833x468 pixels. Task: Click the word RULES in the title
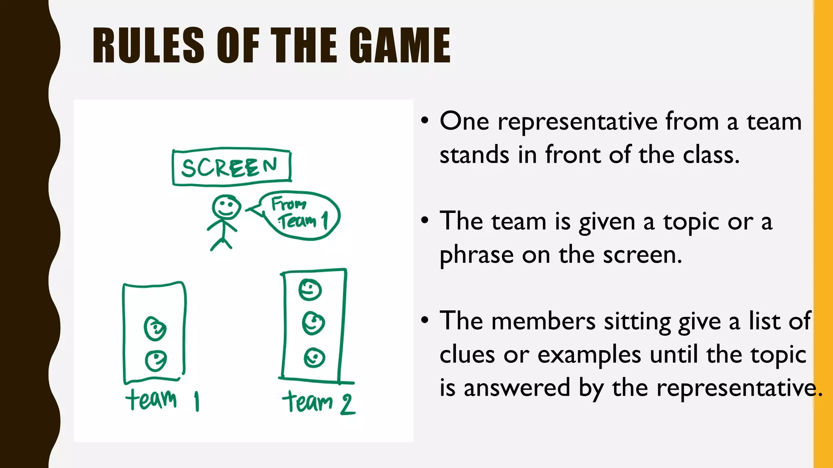coord(148,45)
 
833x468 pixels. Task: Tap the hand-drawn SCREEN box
coord(231,167)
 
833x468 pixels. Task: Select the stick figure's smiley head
coord(226,207)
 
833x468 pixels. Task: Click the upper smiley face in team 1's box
coord(155,328)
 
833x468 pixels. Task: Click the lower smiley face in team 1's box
coord(156,360)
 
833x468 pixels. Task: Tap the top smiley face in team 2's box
coord(310,290)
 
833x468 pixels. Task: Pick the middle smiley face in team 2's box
coord(313,323)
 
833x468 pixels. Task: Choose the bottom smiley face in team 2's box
coord(314,358)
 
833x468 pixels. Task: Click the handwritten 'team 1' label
coord(162,400)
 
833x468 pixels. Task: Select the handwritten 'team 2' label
coord(318,402)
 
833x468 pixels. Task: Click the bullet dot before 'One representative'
coord(425,121)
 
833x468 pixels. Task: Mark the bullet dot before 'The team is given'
coord(425,221)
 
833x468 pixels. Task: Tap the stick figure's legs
coord(221,243)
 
